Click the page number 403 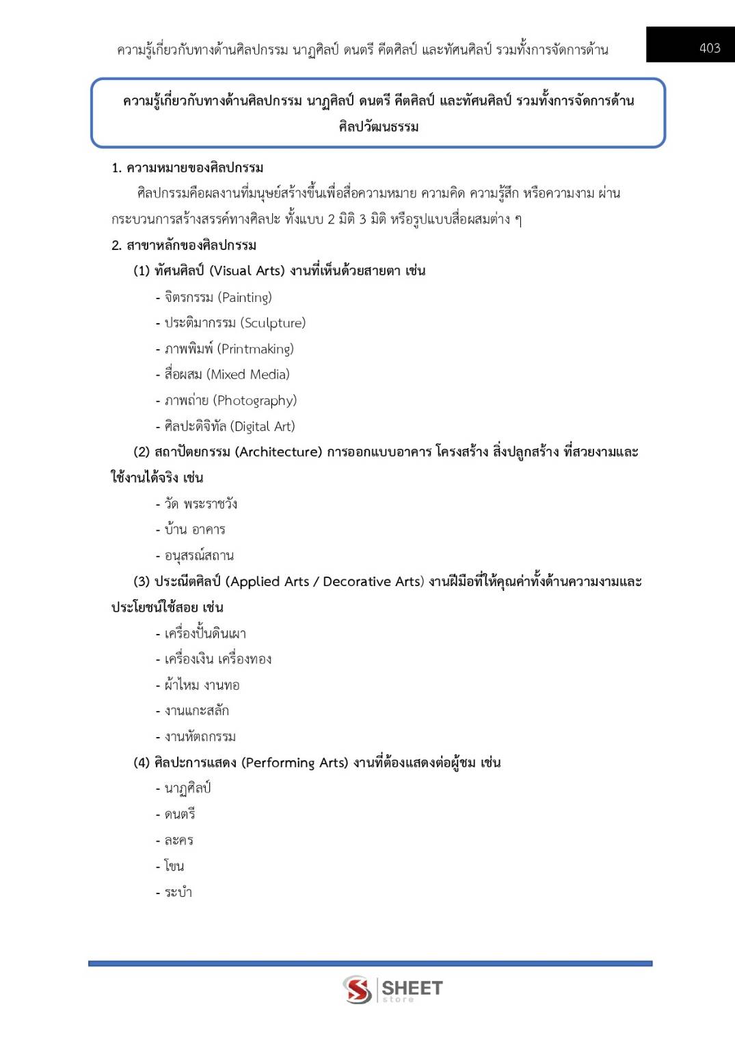709,48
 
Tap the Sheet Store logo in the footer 392,989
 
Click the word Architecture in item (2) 278,452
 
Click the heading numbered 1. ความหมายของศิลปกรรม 187,167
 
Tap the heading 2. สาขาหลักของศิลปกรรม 184,245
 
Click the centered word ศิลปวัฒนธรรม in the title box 378,126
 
